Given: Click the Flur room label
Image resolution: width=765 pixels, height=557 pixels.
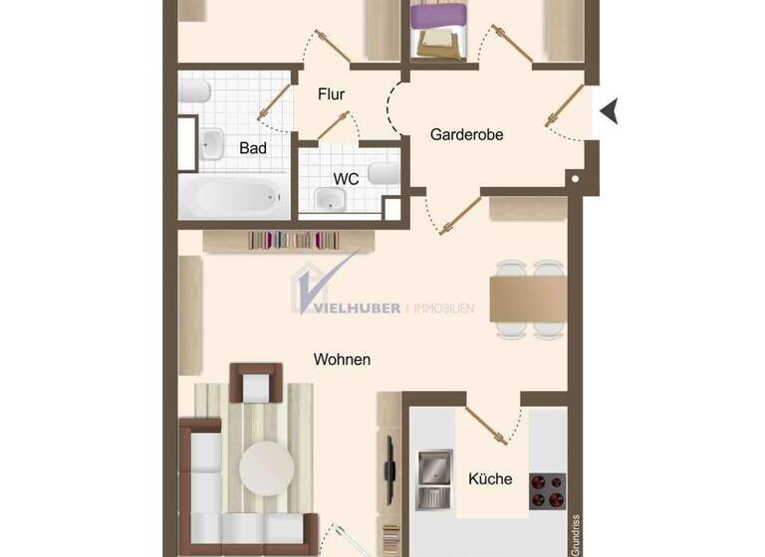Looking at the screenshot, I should click(331, 94).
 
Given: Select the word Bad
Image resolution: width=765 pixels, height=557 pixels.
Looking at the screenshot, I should click(253, 148).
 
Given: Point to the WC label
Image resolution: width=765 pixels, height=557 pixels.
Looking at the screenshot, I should click(346, 179).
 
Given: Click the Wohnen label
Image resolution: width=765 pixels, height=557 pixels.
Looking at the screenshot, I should click(342, 359).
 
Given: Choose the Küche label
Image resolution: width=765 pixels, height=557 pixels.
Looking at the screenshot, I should click(490, 478).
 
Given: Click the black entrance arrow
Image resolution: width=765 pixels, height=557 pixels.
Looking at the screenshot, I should click(609, 111).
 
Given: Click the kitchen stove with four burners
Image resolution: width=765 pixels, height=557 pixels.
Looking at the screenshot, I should click(546, 488).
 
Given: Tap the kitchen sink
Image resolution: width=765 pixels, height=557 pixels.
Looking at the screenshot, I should click(434, 476).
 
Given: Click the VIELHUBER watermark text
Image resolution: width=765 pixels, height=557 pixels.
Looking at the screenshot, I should click(357, 307).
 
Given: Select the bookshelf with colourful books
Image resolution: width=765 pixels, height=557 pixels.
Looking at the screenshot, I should click(289, 240).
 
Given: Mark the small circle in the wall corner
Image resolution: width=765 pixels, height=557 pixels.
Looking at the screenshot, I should click(576, 179).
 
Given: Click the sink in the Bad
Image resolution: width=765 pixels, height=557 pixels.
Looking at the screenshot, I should click(213, 145).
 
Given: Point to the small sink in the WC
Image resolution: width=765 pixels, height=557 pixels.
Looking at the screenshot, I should click(330, 202).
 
